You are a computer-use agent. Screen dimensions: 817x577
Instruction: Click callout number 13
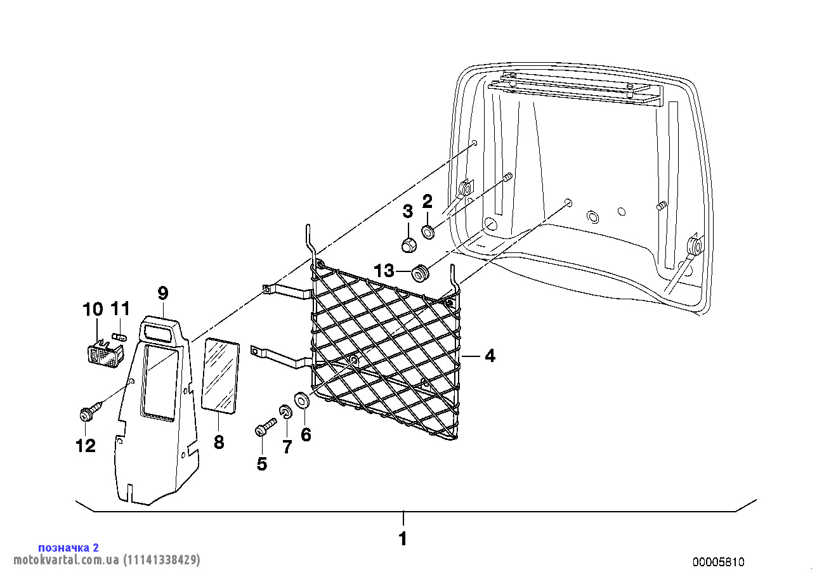[x=384, y=271]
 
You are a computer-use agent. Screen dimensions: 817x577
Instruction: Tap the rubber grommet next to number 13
[x=420, y=273]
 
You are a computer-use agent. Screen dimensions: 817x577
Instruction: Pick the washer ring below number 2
[x=428, y=232]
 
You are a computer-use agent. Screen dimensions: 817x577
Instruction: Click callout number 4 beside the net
[x=490, y=356]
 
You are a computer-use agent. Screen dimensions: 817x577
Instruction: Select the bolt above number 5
[x=265, y=427]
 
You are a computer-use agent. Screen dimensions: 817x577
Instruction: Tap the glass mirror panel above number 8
[x=221, y=376]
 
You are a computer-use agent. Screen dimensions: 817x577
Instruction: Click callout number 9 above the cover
[x=162, y=294]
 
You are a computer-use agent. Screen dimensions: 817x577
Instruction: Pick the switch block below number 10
[x=105, y=353]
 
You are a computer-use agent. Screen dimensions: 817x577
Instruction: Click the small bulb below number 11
[x=119, y=335]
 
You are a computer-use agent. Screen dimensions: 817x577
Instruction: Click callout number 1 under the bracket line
[x=403, y=539]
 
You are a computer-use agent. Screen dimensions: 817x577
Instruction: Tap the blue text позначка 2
[x=69, y=548]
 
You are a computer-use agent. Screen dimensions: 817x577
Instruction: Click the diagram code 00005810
[x=719, y=562]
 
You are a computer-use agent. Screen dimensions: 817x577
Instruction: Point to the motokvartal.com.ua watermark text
[x=107, y=560]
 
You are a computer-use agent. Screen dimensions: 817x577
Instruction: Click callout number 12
[x=86, y=446]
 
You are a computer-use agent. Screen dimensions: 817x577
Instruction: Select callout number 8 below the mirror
[x=218, y=442]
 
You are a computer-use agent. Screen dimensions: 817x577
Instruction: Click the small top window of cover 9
[x=159, y=333]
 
